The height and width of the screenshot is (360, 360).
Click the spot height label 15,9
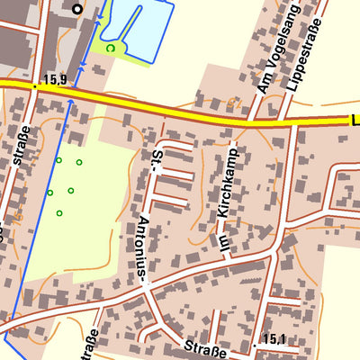tap(54, 80)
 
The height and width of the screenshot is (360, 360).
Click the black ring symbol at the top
tap(76, 9)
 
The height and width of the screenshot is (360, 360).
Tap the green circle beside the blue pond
tap(111, 48)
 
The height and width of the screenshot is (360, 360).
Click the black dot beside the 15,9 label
tap(35, 85)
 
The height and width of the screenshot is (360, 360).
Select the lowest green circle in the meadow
tap(59, 213)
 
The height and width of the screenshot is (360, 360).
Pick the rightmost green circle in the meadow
tap(79, 162)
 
